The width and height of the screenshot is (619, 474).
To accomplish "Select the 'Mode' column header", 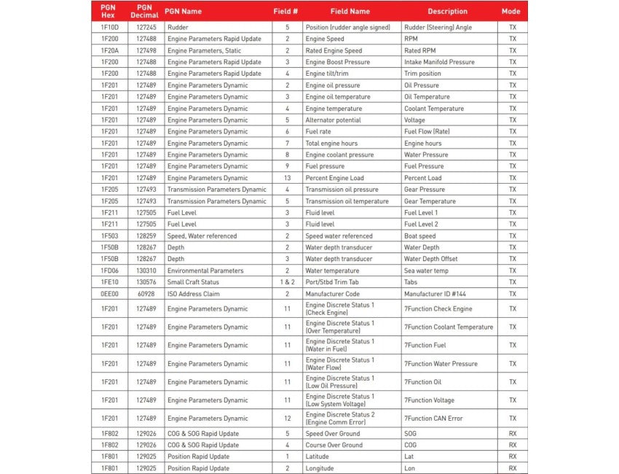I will pyautogui.click(x=510, y=12).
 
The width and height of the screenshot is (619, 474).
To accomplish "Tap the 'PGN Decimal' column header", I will pyautogui.click(x=144, y=12).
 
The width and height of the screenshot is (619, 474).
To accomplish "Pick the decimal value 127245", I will pyautogui.click(x=145, y=27).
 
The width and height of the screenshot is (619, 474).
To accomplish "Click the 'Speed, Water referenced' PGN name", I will pyautogui.click(x=202, y=236).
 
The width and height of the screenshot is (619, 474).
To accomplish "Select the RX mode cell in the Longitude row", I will pyautogui.click(x=512, y=468).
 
